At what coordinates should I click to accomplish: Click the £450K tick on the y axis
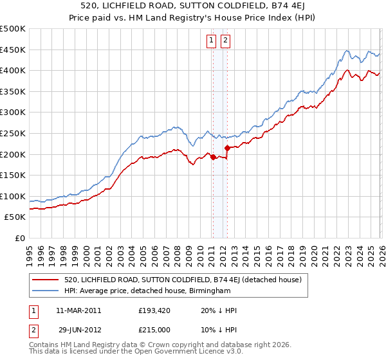pos(13,50)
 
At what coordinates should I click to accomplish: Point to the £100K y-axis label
pos(13,196)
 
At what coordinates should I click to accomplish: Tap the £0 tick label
pos(19,238)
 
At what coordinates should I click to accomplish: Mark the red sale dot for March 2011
pos(212,157)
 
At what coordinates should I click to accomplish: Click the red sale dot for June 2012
pos(227,148)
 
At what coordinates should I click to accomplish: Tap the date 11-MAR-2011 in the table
pos(78,310)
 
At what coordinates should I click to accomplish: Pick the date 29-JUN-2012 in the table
pos(78,330)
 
